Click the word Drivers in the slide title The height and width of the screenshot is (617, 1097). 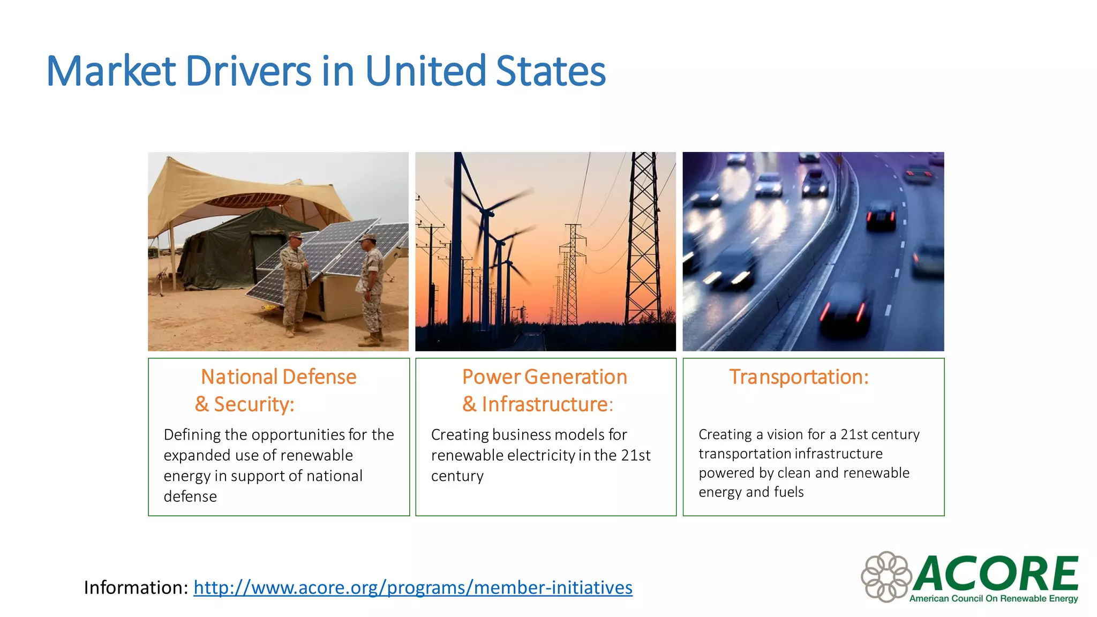(x=248, y=71)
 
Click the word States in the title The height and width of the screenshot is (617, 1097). (x=551, y=71)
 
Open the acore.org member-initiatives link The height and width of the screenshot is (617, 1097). (x=413, y=588)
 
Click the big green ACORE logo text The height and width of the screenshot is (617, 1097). (x=996, y=573)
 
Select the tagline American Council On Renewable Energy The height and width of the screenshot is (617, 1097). (x=994, y=599)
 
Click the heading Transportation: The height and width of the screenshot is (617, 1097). (x=799, y=377)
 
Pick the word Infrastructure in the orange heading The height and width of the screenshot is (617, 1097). (x=544, y=404)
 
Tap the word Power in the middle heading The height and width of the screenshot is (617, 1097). (x=491, y=377)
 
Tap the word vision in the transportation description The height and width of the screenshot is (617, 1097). (x=786, y=434)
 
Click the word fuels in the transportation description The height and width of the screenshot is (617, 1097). (x=789, y=492)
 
